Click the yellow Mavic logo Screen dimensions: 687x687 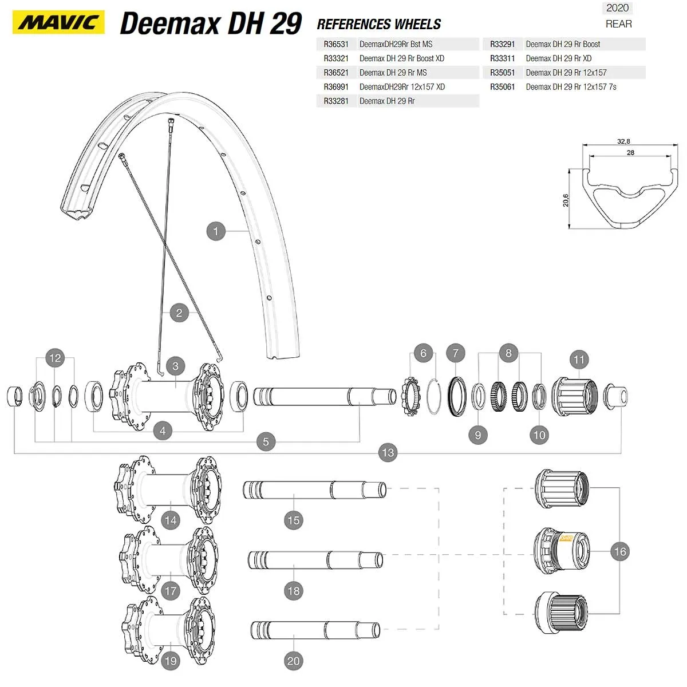point(58,22)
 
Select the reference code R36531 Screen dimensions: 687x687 point(335,44)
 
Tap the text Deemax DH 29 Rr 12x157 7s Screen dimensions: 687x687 point(571,87)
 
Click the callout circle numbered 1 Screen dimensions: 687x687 point(216,231)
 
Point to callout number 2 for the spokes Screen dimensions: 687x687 point(179,313)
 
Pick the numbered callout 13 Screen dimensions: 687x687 point(388,453)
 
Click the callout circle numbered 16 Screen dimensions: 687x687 point(620,551)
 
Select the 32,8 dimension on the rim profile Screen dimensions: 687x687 point(623,141)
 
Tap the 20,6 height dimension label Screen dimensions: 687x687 point(566,200)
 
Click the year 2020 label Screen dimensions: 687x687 point(618,8)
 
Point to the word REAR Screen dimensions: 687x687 point(618,24)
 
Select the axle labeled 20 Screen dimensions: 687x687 point(315,630)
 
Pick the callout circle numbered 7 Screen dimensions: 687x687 point(456,353)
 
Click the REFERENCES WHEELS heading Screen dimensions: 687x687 point(379,25)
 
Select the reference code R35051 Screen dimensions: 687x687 point(502,73)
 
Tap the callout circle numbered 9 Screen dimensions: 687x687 point(478,435)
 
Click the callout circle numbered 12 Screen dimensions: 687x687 point(55,358)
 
